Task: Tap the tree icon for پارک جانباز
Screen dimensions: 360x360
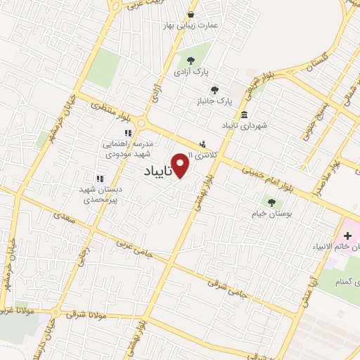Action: [x=214, y=89]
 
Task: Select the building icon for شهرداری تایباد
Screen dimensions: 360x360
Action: [x=244, y=115]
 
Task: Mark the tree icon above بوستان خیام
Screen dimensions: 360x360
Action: [x=271, y=202]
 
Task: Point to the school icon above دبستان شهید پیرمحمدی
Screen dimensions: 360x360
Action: [x=99, y=179]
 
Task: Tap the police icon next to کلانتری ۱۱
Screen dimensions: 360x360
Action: [x=203, y=144]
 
